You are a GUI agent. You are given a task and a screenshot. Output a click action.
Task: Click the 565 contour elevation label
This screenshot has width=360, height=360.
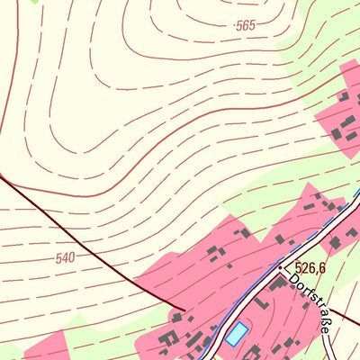pos(245,26)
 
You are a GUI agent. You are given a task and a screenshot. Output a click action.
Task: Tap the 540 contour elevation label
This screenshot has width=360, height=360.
pos(65,258)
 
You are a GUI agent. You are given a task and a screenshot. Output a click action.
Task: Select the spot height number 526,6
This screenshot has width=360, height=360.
pos(309,267)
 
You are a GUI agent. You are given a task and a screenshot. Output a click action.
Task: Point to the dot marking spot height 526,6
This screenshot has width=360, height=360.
pos(281,267)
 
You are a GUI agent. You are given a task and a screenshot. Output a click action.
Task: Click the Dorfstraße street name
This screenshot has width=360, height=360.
pos(309,305)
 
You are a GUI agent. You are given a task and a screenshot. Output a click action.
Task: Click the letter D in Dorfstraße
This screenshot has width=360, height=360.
pos(292,282)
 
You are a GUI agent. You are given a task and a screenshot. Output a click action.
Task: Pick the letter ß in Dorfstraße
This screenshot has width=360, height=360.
pos(319,319)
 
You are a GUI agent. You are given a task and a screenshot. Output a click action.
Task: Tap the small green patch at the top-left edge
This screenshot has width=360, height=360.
pos(36,2)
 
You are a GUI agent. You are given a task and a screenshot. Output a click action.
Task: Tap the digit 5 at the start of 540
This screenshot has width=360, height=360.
pos(58,259)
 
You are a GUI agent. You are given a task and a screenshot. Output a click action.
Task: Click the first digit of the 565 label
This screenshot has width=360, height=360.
pos(238,27)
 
